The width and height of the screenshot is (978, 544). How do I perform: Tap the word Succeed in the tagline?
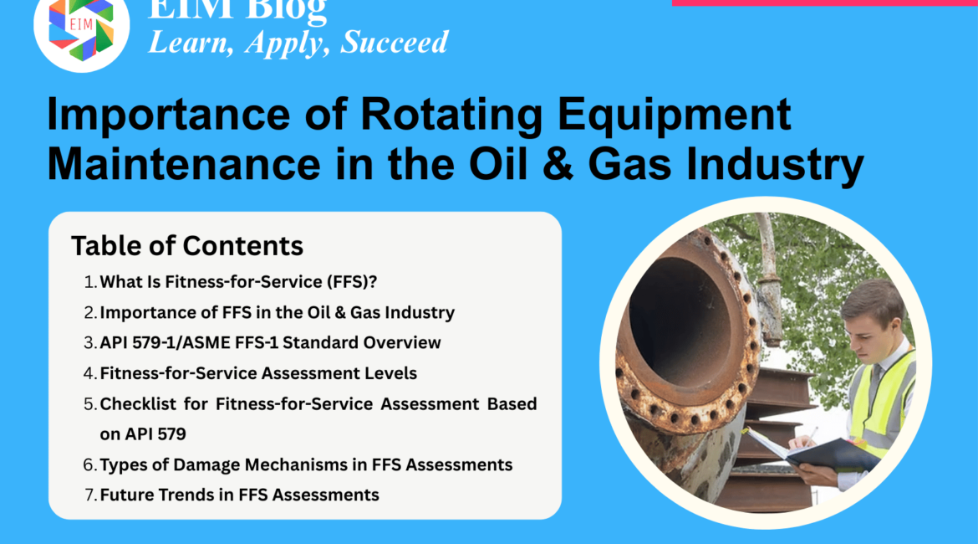[395, 42]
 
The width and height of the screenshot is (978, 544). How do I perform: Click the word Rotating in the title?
[451, 115]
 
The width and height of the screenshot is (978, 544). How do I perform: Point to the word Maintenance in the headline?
[184, 164]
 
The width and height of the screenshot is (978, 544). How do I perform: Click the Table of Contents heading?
[187, 245]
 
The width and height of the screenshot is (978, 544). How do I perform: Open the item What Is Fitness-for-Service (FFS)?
[238, 282]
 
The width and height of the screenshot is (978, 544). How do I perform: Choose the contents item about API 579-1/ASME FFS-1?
[270, 342]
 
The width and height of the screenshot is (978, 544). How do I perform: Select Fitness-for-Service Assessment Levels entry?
[258, 373]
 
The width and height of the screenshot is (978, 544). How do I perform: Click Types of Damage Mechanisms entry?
[306, 464]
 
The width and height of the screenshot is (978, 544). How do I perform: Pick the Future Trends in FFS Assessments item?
[240, 495]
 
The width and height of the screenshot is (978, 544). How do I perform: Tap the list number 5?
[89, 404]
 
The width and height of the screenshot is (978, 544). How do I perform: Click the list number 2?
[89, 312]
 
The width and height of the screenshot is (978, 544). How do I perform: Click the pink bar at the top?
[824, 3]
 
